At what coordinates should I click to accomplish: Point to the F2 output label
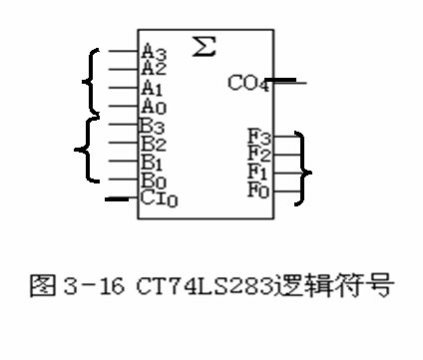point(257,152)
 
